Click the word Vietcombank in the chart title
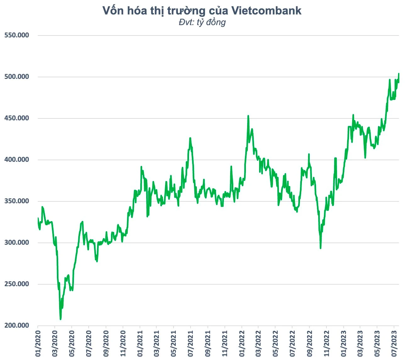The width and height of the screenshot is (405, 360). [x=266, y=11]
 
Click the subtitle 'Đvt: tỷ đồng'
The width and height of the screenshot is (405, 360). [x=202, y=22]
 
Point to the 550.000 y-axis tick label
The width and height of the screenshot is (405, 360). [x=17, y=35]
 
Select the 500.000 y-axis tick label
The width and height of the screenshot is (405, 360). [x=17, y=77]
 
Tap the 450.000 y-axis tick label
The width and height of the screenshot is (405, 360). [x=17, y=118]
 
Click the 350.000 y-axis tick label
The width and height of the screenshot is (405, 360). [x=17, y=201]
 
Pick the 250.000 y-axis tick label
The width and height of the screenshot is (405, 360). [x=17, y=284]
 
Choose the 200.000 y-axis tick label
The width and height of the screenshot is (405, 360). [x=17, y=325]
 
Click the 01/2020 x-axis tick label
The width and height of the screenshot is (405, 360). [x=38, y=343]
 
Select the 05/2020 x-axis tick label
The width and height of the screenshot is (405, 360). [x=72, y=343]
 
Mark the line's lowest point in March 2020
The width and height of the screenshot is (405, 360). [x=60, y=319]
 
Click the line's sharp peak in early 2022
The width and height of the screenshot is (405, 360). [x=248, y=116]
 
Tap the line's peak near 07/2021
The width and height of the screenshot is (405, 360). [x=190, y=138]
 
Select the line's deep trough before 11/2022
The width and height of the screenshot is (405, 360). [x=320, y=248]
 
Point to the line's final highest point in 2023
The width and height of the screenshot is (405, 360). [x=399, y=74]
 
